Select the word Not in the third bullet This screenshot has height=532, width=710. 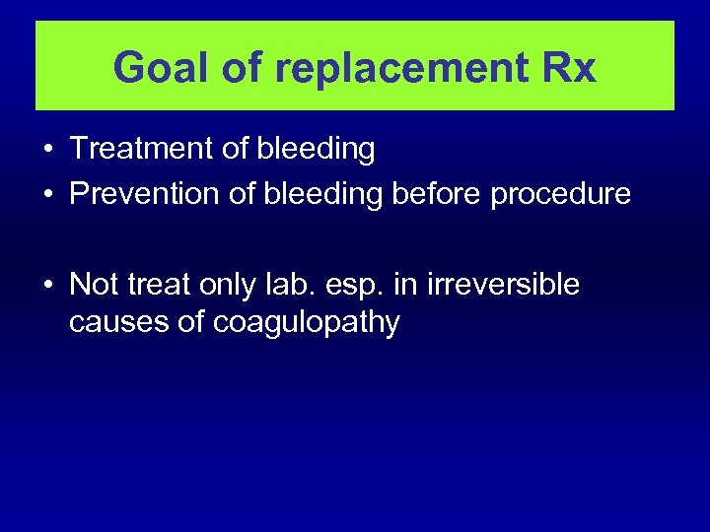click(x=94, y=284)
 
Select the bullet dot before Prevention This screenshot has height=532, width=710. click(x=48, y=195)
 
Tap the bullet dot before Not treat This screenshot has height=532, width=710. click(x=48, y=285)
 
